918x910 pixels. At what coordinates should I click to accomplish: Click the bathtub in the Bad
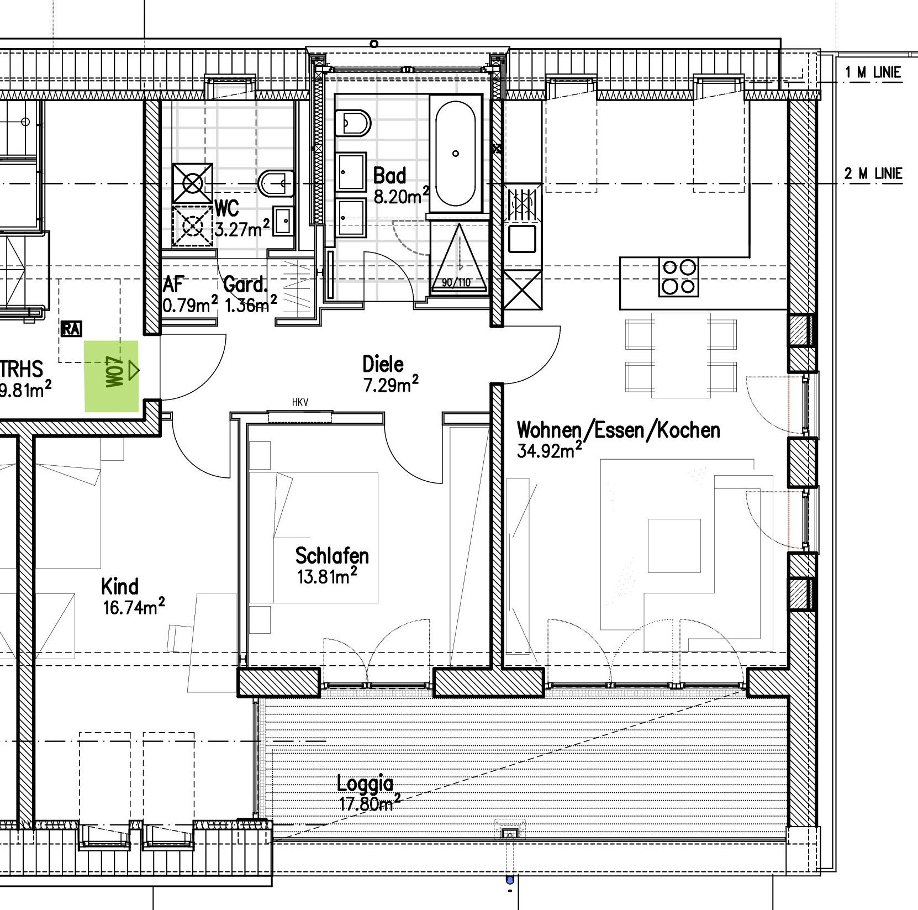pyautogui.click(x=455, y=154)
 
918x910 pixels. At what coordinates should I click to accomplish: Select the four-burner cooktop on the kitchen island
pyautogui.click(x=679, y=277)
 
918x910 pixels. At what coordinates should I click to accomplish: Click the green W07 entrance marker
pyautogui.click(x=111, y=376)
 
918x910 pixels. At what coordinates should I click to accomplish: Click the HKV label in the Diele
pyautogui.click(x=300, y=403)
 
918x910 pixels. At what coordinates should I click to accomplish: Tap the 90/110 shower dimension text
pyautogui.click(x=456, y=283)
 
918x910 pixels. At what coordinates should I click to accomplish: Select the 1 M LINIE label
pyautogui.click(x=873, y=72)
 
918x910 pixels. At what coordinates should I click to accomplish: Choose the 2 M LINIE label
pyautogui.click(x=873, y=174)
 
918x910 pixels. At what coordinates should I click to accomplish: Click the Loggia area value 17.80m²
pyautogui.click(x=369, y=803)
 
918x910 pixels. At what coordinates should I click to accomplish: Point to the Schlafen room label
pyautogui.click(x=332, y=555)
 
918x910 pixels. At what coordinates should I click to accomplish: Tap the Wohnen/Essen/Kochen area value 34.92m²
pyautogui.click(x=549, y=450)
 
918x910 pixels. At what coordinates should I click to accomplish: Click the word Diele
pyautogui.click(x=383, y=364)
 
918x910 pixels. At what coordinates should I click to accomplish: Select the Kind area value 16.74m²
pyautogui.click(x=134, y=607)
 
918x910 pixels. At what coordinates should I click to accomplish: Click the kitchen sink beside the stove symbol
pyautogui.click(x=522, y=239)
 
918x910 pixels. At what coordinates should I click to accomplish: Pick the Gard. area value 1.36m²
pyautogui.click(x=250, y=304)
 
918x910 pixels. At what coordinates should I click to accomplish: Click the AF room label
pyautogui.click(x=173, y=285)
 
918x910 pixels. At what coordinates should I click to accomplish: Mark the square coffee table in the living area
pyautogui.click(x=674, y=546)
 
